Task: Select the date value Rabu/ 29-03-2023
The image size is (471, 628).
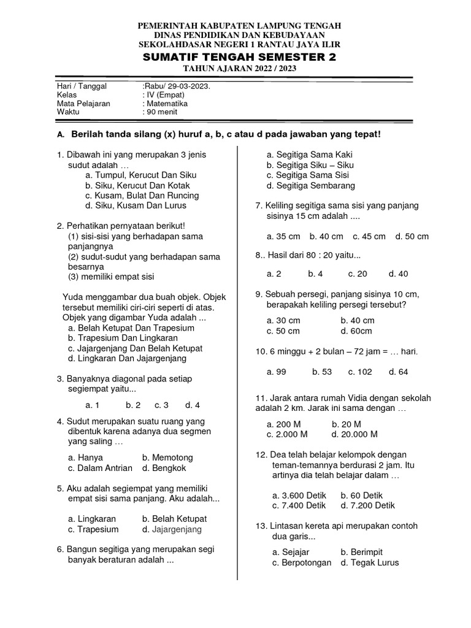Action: pos(176,86)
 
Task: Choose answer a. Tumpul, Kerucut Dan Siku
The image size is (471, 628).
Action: pos(141,175)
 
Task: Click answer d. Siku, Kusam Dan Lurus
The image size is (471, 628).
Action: pos(139,205)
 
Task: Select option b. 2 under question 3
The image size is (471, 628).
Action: pos(133,405)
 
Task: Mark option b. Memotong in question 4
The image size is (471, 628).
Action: pos(167,458)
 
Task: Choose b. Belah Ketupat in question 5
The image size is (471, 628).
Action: pos(175,518)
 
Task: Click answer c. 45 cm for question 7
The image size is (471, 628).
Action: pos(369,236)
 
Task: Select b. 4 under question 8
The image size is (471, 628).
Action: pos(315,274)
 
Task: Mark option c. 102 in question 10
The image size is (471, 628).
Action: pos(360,372)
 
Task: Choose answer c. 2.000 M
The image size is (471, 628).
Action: pos(287,434)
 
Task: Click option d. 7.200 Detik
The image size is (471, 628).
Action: pos(368,505)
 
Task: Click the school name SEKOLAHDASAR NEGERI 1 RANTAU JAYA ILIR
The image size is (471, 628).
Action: pos(239,45)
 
